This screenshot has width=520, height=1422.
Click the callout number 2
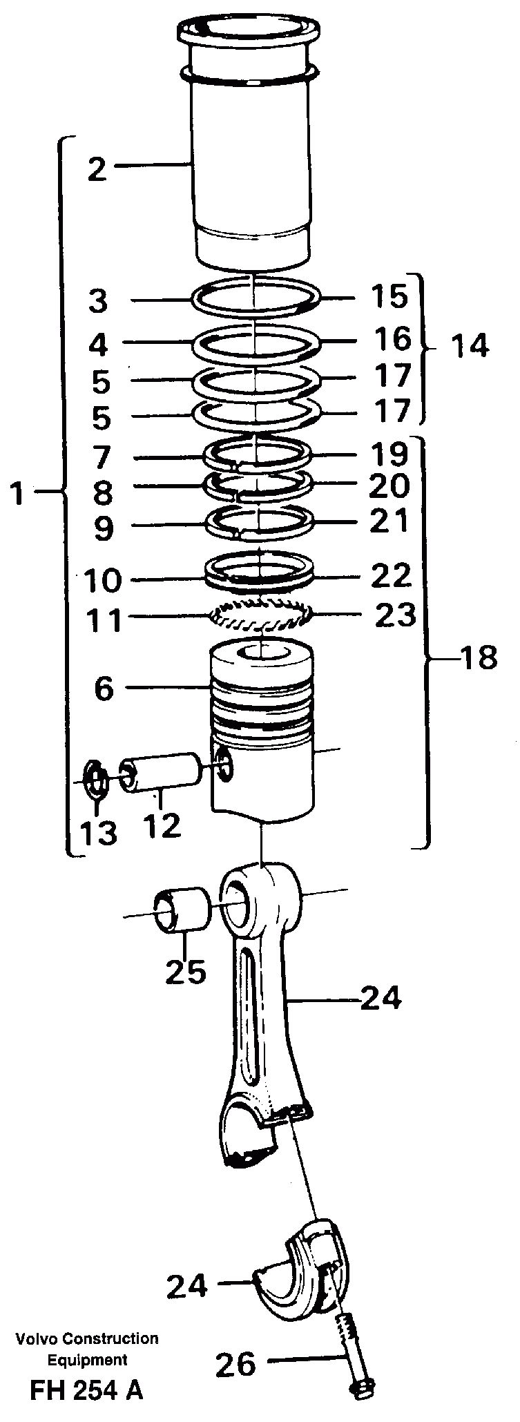[97, 169]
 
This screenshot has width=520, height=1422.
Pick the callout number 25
[185, 972]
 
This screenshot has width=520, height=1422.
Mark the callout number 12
[163, 825]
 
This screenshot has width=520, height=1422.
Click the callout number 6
[104, 689]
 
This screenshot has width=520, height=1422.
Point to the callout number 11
[104, 619]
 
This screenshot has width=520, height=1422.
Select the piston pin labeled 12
[163, 773]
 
